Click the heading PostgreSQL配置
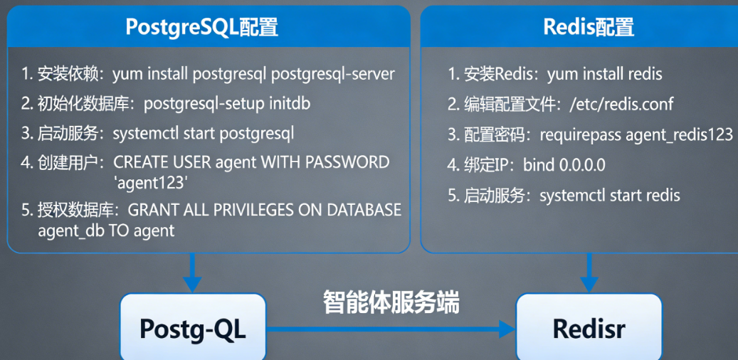(x=201, y=27)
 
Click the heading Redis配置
(x=589, y=27)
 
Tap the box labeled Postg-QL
(x=193, y=328)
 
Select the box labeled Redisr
(x=589, y=328)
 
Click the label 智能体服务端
(x=391, y=302)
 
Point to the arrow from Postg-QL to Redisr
(x=391, y=329)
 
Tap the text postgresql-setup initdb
(x=227, y=104)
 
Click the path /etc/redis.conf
(x=621, y=104)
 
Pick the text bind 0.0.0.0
(x=564, y=165)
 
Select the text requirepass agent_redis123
(x=636, y=135)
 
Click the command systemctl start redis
(x=609, y=195)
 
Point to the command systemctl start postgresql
(x=204, y=134)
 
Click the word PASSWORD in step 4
(x=347, y=163)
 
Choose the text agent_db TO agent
(x=106, y=231)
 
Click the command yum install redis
(x=604, y=75)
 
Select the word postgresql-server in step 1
(x=333, y=75)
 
